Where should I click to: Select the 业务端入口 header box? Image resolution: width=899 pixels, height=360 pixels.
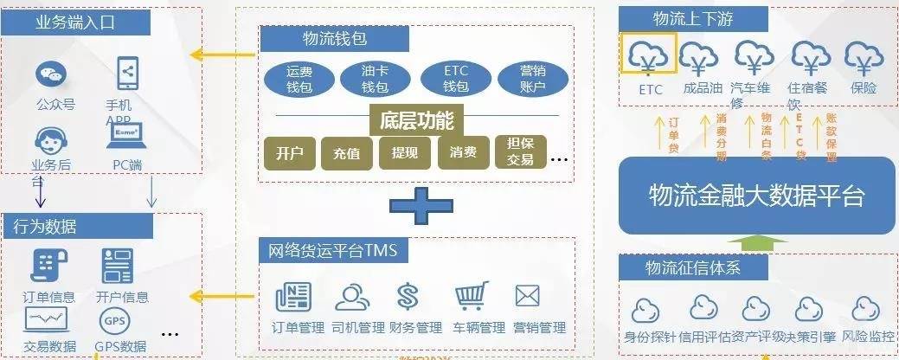[76, 22]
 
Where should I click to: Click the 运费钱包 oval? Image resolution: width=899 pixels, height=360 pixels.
[299, 79]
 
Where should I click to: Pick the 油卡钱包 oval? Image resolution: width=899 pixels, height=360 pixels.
[375, 79]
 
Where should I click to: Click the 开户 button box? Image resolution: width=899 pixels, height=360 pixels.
[289, 153]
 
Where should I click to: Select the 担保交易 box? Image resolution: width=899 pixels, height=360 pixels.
[521, 152]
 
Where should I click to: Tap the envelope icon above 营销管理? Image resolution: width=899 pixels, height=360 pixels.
[527, 297]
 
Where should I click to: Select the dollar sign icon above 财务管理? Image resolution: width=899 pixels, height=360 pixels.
[408, 297]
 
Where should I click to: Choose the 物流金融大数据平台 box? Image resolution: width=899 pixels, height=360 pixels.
[756, 195]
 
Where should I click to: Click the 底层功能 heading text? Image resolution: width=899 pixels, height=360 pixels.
[416, 118]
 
